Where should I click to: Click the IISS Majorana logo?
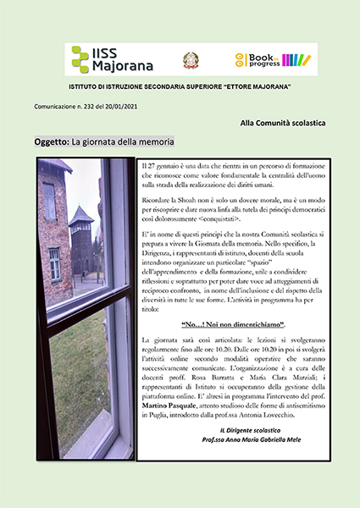coord(106,59)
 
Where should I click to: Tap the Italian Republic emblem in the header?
coord(191,59)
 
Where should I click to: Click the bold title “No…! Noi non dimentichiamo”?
coord(234,325)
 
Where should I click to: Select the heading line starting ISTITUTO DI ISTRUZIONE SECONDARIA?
coord(180,88)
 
